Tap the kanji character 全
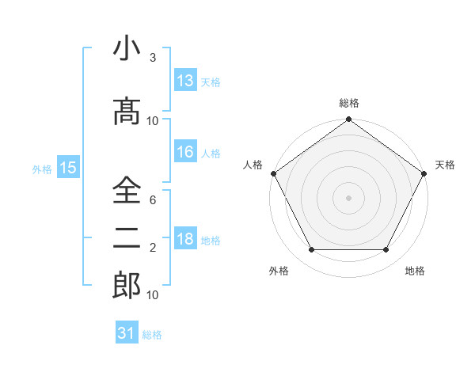127,192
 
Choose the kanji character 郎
127,285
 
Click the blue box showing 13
185,80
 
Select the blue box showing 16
185,152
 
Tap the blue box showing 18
185,240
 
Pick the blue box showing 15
67,168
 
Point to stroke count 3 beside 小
153,58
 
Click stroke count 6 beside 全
153,201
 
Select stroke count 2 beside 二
153,248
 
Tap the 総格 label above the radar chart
349,103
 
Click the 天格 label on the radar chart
445,165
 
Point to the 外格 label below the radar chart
279,271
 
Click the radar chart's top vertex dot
349,120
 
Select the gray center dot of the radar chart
349,197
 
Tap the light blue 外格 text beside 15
42,169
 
